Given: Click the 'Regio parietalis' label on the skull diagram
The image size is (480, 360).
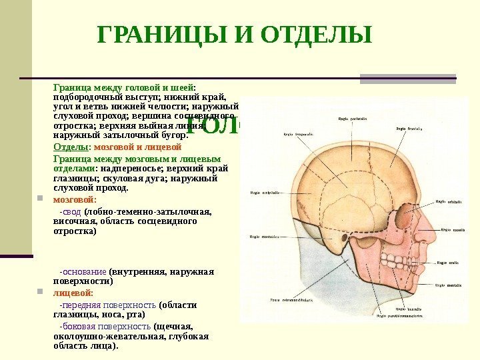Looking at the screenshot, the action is pyautogui.click(x=352, y=118).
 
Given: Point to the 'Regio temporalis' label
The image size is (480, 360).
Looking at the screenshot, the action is pyautogui.click(x=298, y=133).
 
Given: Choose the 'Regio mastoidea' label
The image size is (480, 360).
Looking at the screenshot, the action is pyautogui.click(x=263, y=235).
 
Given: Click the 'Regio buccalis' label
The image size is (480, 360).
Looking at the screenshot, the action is pyautogui.click(x=408, y=309).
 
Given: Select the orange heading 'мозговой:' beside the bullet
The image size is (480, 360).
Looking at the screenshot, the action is pyautogui.click(x=74, y=199).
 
